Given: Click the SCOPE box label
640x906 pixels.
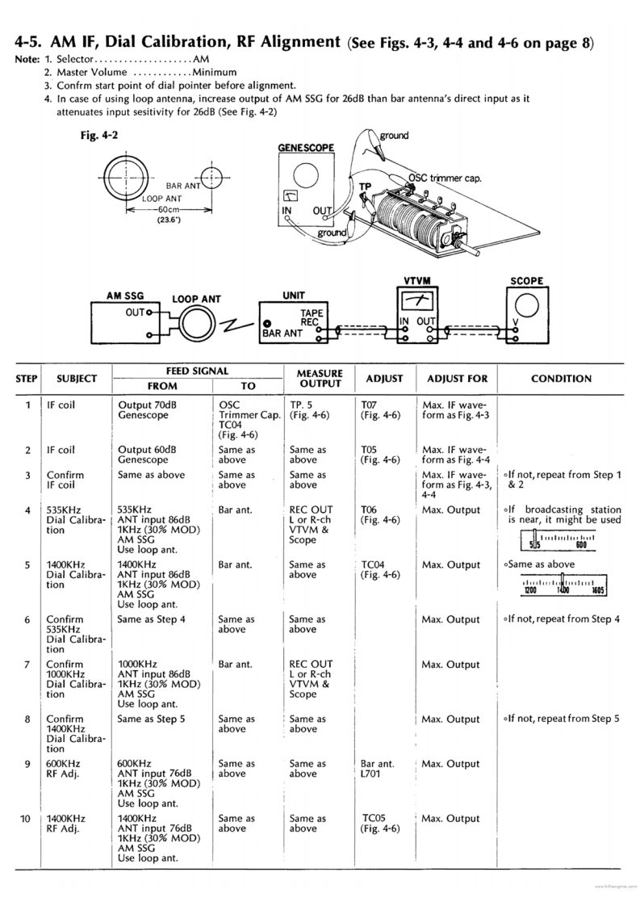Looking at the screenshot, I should click(526, 281).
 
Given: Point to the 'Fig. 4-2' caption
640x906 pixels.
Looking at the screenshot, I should click(94, 136).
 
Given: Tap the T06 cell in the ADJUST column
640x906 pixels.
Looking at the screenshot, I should click(369, 510).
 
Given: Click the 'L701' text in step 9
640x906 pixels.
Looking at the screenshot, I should click(372, 774).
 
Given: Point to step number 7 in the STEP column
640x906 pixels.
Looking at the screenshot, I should click(27, 665).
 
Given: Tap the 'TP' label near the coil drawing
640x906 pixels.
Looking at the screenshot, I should click(365, 186).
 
